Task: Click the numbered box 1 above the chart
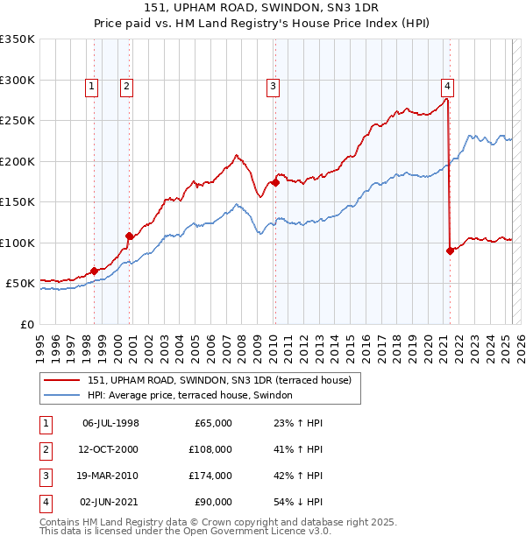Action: click(x=92, y=86)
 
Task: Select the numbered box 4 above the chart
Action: click(x=447, y=86)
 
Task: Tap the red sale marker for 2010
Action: click(x=275, y=183)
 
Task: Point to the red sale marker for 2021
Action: click(x=450, y=250)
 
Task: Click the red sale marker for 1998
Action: click(x=95, y=271)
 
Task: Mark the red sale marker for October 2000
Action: click(x=130, y=236)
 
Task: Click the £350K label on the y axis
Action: click(x=18, y=39)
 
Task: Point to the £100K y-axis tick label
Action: click(x=18, y=243)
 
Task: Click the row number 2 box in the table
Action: click(x=44, y=449)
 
